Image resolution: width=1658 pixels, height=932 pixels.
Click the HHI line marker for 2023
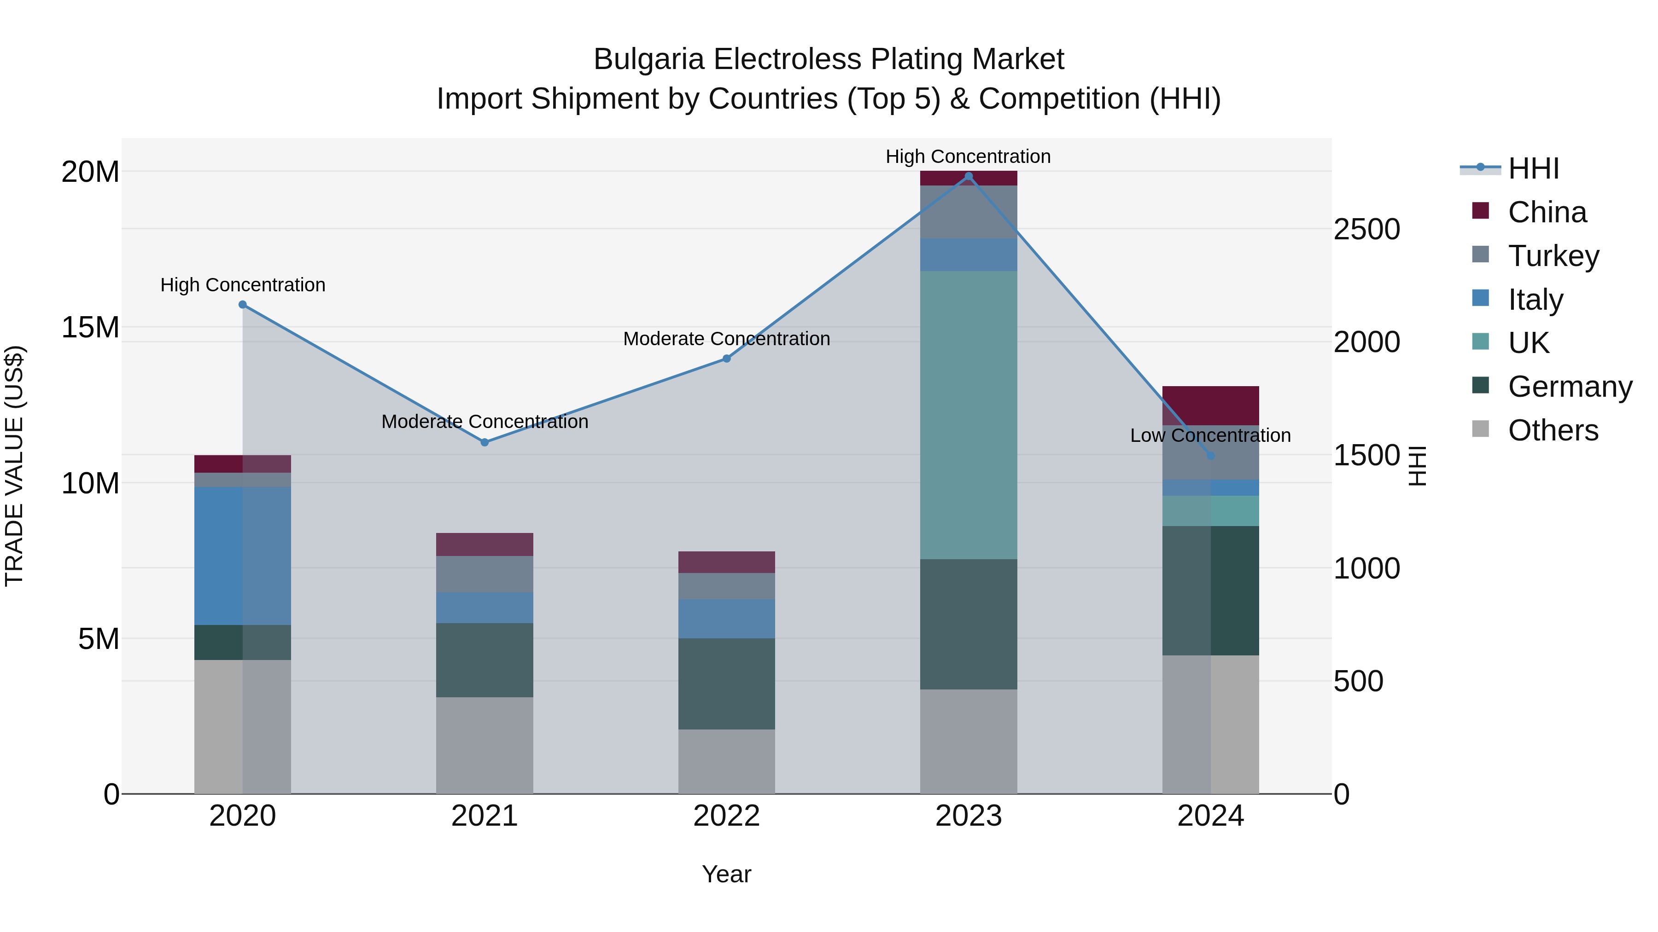click(969, 176)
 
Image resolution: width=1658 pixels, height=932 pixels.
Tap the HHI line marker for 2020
click(243, 304)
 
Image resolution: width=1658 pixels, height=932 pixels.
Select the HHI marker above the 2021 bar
click(485, 442)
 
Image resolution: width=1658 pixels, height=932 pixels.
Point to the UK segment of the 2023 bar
click(969, 415)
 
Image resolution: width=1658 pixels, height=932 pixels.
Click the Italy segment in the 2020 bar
click(243, 556)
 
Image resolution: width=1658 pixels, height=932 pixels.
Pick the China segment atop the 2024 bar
click(1211, 405)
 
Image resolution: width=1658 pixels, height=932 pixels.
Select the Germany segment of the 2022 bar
click(727, 684)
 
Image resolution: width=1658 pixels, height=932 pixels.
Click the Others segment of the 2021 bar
click(485, 746)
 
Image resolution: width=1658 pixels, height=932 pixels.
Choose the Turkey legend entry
click(1553, 255)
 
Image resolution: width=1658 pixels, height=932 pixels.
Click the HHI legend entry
click(1533, 168)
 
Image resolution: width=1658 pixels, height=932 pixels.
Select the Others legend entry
click(1553, 430)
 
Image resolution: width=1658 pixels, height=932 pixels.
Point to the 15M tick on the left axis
click(90, 327)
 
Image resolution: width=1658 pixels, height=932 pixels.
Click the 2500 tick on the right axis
click(1366, 230)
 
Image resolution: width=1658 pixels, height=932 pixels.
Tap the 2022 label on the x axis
click(727, 816)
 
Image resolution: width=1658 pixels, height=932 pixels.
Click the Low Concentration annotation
click(1210, 435)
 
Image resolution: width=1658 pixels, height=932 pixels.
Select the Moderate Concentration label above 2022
click(727, 338)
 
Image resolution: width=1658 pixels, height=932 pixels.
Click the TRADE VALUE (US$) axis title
click(14, 466)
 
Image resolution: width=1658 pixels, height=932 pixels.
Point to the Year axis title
click(727, 874)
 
